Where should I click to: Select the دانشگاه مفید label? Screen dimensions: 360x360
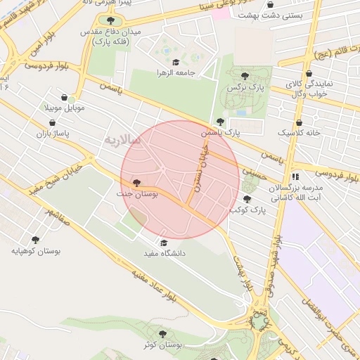click(x=164, y=252)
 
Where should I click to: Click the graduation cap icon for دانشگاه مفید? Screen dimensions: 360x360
click(x=163, y=243)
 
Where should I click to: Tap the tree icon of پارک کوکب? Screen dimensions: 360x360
click(x=247, y=199)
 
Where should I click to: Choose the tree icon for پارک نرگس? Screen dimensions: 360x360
click(x=244, y=76)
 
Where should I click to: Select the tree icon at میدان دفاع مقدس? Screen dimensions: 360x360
click(x=110, y=20)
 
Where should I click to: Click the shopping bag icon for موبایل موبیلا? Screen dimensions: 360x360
click(x=65, y=98)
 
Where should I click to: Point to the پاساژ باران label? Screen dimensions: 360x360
click(x=51, y=132)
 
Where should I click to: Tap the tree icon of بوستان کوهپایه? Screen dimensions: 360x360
click(x=36, y=240)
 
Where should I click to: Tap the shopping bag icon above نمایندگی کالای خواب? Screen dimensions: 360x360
click(x=309, y=73)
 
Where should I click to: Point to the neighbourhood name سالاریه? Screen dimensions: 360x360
click(x=123, y=140)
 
